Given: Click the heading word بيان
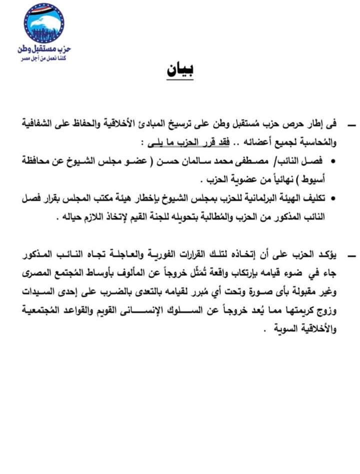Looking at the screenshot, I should [180, 70].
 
